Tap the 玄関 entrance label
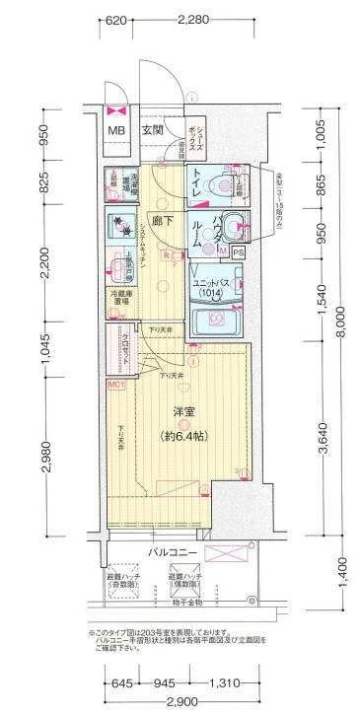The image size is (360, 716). pyautogui.click(x=152, y=130)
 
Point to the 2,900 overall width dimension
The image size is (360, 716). pyautogui.click(x=180, y=701)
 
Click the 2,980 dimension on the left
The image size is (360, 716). pyautogui.click(x=46, y=455)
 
